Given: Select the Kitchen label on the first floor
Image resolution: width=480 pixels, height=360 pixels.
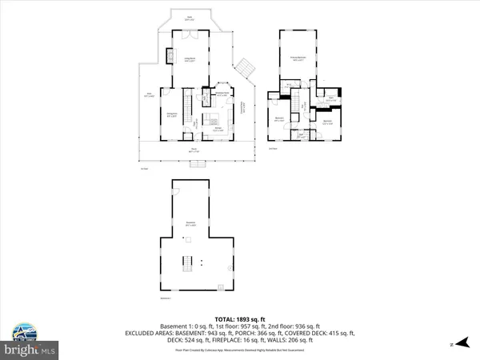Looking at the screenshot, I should click(x=217, y=127).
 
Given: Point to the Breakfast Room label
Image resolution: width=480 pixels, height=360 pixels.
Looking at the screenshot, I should click(x=222, y=94).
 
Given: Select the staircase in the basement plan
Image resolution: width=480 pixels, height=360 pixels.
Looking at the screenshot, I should click(x=190, y=264).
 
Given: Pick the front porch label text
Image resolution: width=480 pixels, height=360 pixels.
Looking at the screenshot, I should click(x=194, y=150).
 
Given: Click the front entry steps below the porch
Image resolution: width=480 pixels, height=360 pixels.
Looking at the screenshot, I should click(x=196, y=163).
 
